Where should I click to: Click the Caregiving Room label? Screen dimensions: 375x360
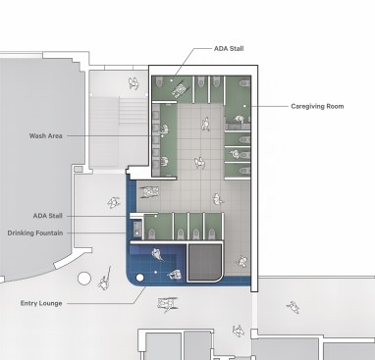tap(317, 106)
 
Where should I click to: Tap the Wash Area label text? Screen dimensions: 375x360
tap(46, 135)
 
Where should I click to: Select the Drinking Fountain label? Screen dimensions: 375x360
tap(35, 233)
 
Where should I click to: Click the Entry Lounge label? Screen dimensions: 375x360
tap(41, 303)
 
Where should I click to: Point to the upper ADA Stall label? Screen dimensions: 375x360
tap(229, 49)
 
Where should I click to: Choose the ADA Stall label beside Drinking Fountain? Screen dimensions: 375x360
tap(48, 216)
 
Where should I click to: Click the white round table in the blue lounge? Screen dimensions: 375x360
tap(139, 278)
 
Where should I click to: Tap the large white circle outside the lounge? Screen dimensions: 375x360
tap(84, 279)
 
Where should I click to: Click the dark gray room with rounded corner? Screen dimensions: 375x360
tap(204, 263)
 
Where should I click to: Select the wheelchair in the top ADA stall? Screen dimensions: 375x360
tap(179, 89)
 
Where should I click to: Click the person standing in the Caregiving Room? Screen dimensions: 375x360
tap(240, 120)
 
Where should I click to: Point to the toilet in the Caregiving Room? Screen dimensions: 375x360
tap(244, 83)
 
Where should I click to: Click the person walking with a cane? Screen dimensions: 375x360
tap(105, 281)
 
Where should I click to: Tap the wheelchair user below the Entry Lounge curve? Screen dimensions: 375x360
tap(167, 304)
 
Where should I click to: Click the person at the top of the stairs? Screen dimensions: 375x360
tap(134, 83)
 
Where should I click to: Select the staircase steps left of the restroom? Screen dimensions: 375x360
tap(133, 110)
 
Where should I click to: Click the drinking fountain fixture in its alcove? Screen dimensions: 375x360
tap(137, 227)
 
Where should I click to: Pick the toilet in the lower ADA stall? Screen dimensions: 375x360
tap(152, 233)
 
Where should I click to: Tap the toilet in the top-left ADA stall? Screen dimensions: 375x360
tap(159, 81)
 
